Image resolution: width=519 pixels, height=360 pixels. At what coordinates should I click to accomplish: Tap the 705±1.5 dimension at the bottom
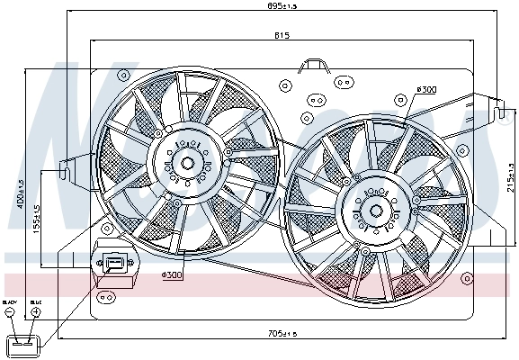283,334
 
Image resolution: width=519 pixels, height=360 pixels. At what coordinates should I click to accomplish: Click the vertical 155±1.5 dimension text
36,225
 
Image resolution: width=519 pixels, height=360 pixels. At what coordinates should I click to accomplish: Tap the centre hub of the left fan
186,163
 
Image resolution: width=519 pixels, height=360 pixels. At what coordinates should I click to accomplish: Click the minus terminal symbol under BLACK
10,313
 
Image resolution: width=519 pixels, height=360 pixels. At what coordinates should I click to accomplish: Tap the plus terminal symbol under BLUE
36,313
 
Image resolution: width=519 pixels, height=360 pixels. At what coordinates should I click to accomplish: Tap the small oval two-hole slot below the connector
109,295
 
